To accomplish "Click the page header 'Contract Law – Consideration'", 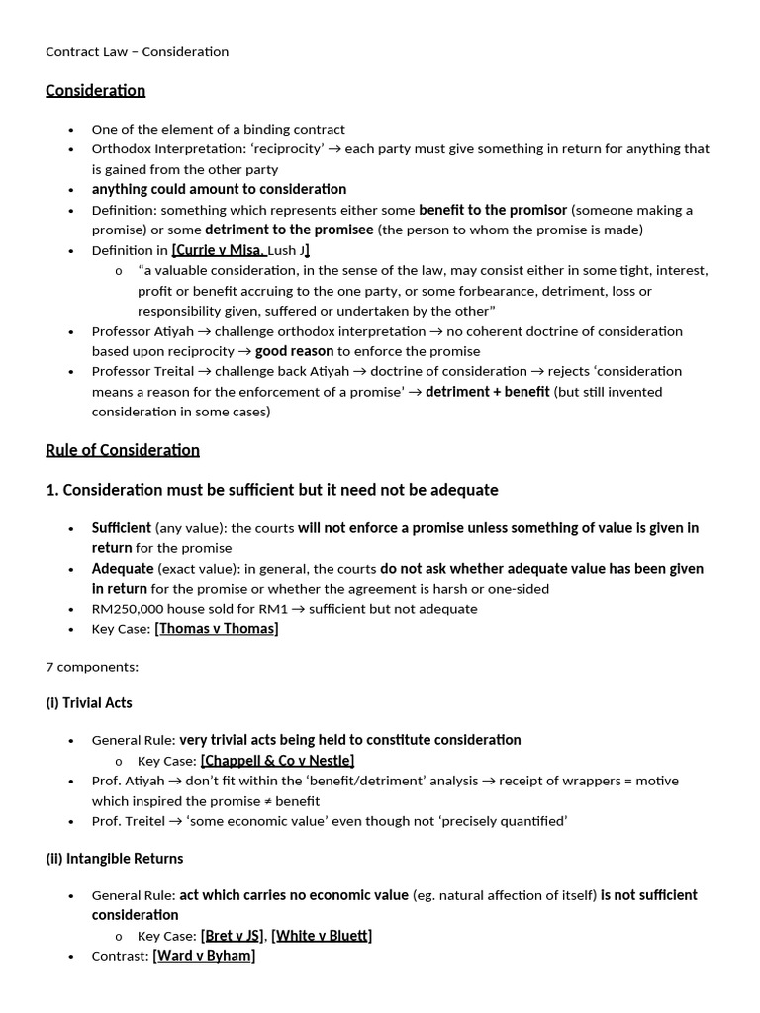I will pos(138,51).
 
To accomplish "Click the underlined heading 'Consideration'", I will pos(95,90).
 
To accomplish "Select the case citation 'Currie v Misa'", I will pos(219,250).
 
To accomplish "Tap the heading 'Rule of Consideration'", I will pos(123,450).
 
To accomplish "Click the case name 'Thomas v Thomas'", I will pos(217,629).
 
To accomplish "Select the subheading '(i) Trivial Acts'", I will pos(89,703).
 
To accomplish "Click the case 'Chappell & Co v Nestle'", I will pos(277,760).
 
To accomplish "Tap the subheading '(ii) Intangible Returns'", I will pos(115,858).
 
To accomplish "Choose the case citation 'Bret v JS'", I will pos(233,935).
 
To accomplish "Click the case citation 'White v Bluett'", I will pos(322,935).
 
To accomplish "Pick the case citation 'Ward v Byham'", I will pos(204,956).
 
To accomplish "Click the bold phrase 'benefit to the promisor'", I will pos(493,210).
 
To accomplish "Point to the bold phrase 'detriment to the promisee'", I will pos(289,230).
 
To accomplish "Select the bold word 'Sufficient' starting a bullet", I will pos(122,528).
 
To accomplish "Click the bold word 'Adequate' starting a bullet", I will pos(123,569).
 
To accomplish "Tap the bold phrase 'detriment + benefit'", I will pos(487,392).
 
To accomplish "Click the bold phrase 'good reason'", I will pos(294,351).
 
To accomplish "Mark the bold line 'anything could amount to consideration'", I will pos(219,189).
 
